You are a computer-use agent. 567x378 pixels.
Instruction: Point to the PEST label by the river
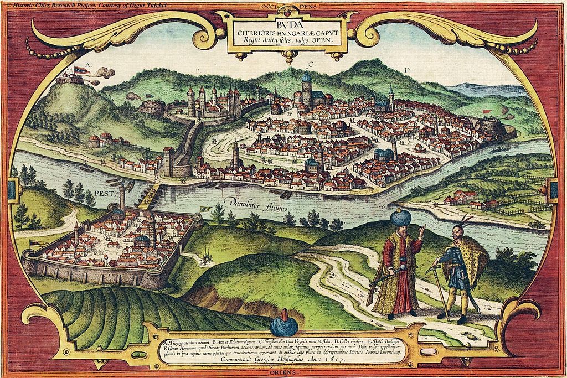(103, 194)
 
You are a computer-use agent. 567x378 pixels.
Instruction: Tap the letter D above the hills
(406, 70)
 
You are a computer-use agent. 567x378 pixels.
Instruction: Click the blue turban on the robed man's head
(399, 218)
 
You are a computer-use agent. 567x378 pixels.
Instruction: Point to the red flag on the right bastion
(487, 112)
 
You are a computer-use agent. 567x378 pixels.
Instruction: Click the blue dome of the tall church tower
(306, 77)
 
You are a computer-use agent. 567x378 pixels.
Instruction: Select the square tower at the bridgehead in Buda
(169, 162)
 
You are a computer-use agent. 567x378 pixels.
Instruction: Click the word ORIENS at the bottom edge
(283, 374)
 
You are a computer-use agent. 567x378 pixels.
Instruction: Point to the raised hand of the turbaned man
(421, 229)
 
